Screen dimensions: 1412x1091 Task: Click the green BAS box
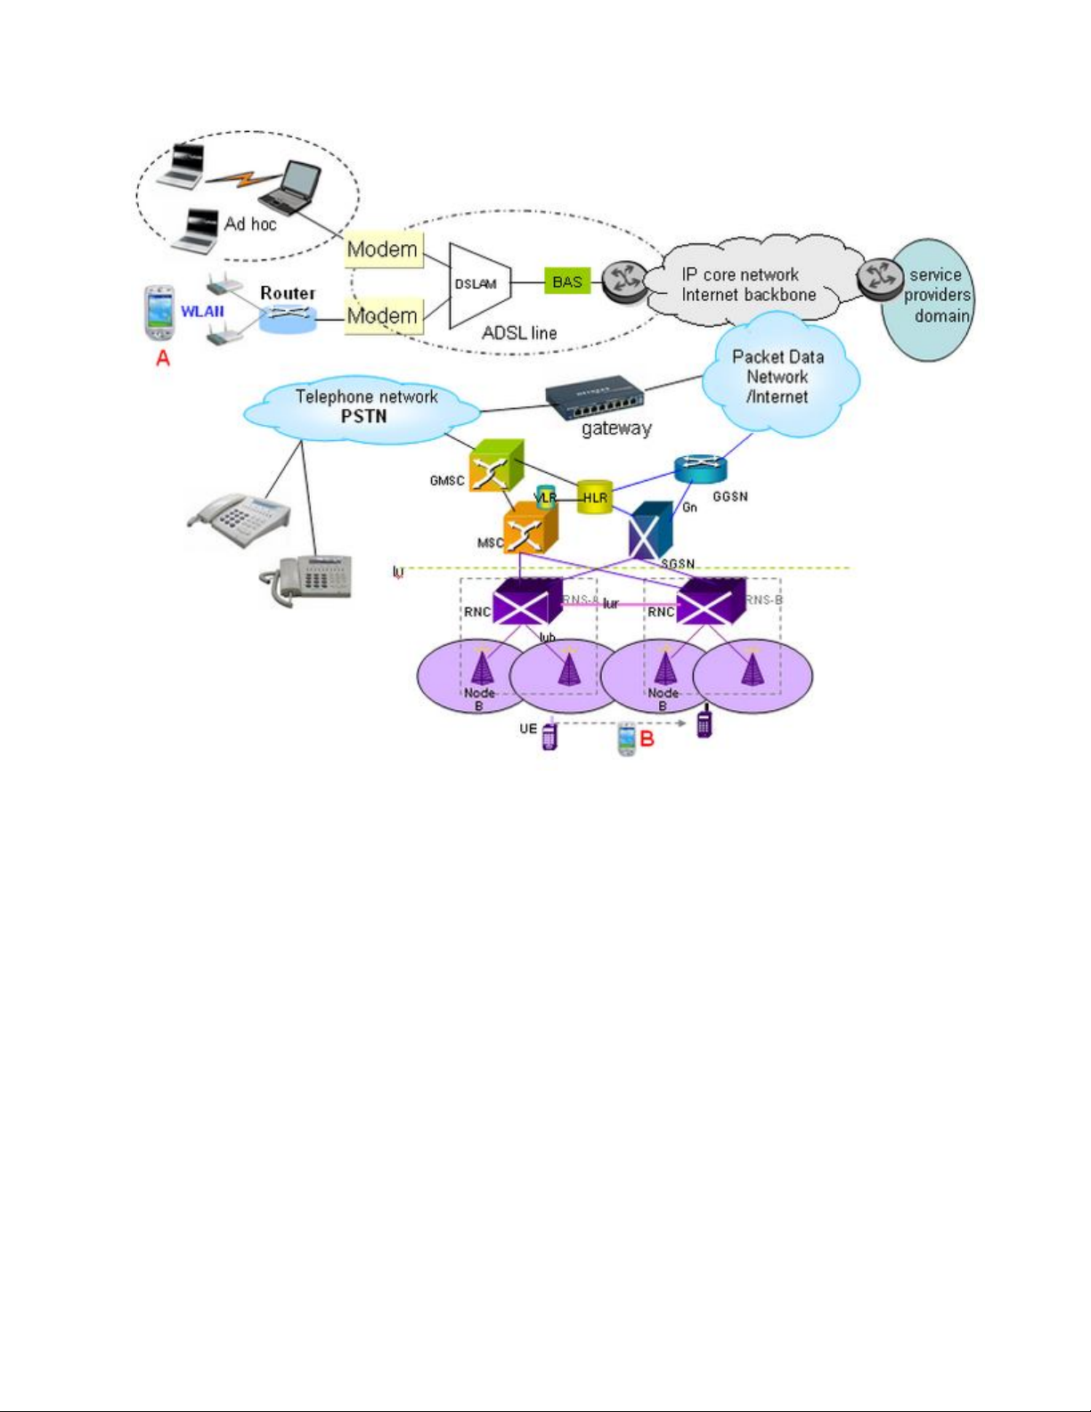[566, 282]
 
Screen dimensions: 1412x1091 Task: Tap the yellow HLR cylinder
[594, 497]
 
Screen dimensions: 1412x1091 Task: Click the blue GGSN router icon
[700, 469]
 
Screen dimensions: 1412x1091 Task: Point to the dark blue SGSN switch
[651, 532]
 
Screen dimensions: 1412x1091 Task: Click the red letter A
[163, 358]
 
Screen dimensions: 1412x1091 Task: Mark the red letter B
[647, 739]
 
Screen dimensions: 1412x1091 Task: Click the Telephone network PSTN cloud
[365, 408]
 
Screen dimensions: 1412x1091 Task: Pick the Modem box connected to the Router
[382, 316]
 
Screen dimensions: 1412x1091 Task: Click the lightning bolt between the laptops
[233, 180]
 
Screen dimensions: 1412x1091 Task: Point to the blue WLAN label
[202, 312]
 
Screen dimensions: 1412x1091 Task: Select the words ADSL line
[519, 333]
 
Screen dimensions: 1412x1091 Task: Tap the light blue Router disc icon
[287, 317]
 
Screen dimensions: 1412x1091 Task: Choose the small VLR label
[544, 497]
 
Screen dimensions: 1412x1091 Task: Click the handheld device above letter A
[159, 313]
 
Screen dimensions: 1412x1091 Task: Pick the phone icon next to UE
[550, 737]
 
